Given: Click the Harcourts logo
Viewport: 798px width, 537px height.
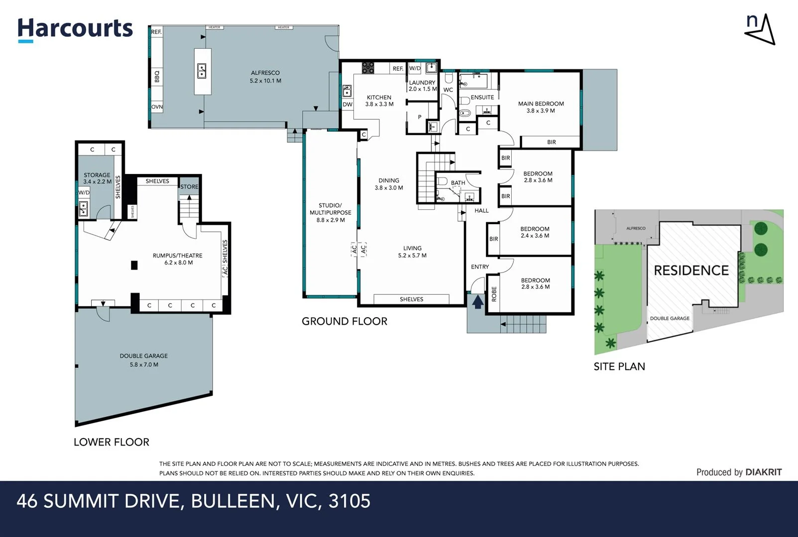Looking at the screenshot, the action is pos(75,30).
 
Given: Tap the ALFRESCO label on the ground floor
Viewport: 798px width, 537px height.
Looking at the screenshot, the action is pos(265,73).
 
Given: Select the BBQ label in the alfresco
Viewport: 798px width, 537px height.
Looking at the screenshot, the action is pos(157,77).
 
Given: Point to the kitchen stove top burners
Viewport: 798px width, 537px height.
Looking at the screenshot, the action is pos(368,68).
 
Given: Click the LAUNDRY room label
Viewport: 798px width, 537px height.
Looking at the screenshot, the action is pos(422,83).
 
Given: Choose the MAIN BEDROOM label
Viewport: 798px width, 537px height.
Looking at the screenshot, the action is pos(541,103).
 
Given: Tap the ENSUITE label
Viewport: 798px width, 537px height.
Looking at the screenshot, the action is pos(482,97).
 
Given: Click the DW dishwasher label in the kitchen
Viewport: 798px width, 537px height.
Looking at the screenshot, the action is pos(347,104).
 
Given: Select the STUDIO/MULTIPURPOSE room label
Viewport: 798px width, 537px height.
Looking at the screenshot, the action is pos(330,209).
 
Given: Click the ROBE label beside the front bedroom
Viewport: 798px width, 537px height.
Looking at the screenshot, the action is pos(494,294).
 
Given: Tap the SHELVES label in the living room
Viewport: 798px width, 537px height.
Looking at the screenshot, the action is pos(412,299).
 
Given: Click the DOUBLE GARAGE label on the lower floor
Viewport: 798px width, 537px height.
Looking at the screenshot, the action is pos(143,356).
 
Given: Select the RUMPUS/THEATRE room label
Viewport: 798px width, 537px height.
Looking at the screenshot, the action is pos(177,256).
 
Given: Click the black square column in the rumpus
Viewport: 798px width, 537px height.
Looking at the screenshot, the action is pos(134,265).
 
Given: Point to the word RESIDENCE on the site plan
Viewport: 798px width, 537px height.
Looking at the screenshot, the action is pos(691,270).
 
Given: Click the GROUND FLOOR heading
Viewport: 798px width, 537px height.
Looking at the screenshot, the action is pos(344,321).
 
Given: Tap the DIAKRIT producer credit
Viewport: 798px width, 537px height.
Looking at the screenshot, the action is pos(764,472).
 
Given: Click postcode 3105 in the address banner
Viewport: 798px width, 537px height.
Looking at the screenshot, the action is pos(349,501).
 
